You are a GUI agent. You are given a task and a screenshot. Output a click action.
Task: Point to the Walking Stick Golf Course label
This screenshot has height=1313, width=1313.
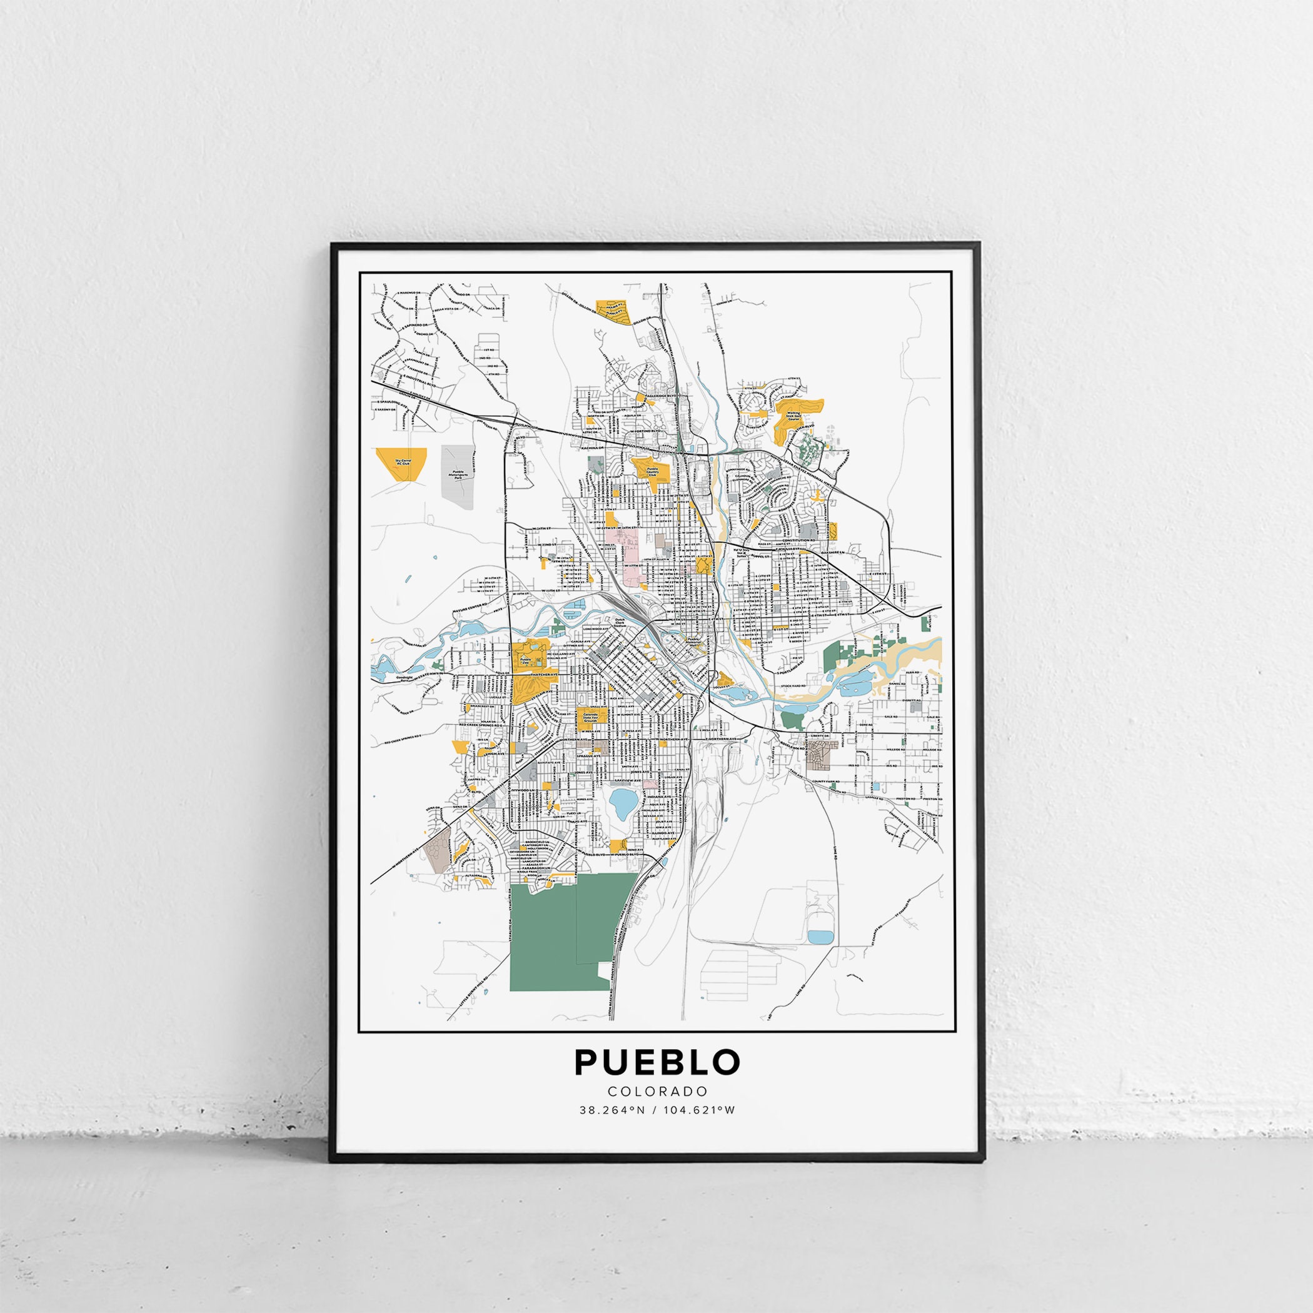[792, 416]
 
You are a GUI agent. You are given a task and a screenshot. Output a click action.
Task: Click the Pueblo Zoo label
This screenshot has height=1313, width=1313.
[524, 659]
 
